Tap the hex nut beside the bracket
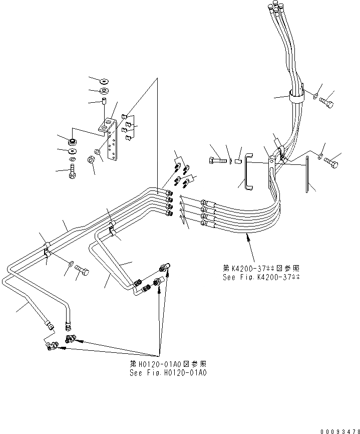(91, 161)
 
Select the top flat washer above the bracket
(106, 80)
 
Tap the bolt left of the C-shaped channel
(217, 161)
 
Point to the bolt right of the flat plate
(331, 162)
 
